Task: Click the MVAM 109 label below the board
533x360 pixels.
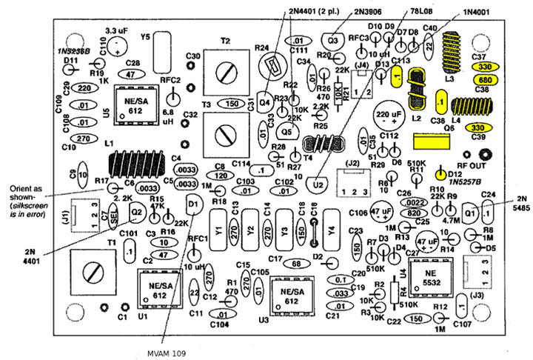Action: [x=167, y=352]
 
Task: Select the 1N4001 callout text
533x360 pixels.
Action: [x=478, y=13]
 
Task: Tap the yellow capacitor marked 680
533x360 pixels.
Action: [x=485, y=79]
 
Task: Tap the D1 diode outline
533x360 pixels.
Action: [x=192, y=202]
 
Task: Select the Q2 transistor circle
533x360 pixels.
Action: [x=136, y=213]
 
